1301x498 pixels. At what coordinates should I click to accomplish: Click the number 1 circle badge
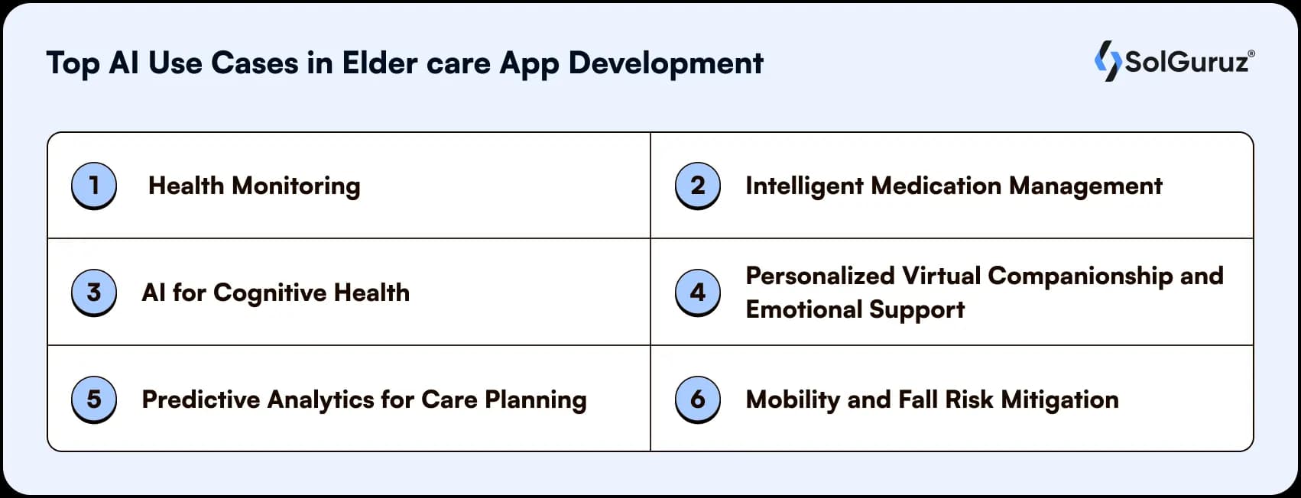click(x=93, y=185)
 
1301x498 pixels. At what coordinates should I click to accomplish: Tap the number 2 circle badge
click(x=697, y=185)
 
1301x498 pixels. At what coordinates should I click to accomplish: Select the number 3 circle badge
click(x=93, y=292)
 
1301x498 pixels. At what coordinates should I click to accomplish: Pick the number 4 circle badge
click(x=697, y=292)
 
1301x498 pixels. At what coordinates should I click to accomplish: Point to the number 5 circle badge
click(x=93, y=399)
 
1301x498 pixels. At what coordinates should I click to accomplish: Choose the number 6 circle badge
click(x=697, y=399)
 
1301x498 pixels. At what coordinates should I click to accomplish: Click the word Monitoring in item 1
click(x=296, y=186)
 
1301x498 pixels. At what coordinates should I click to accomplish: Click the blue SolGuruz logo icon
click(x=1108, y=61)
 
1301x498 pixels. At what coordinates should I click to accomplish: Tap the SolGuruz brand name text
click(x=1187, y=62)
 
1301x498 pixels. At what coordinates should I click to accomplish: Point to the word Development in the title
click(x=665, y=63)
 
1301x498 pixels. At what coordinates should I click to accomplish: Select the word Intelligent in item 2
click(x=803, y=186)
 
